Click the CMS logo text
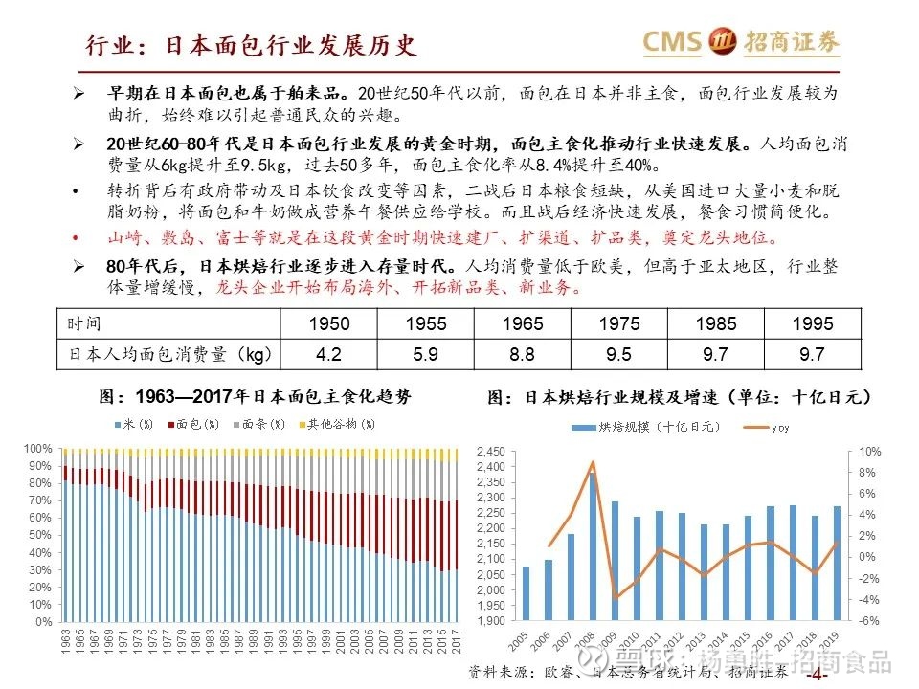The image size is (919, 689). click(672, 41)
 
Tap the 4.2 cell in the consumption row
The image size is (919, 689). click(328, 355)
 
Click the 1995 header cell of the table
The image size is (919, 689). click(812, 324)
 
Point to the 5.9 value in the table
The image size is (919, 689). click(426, 355)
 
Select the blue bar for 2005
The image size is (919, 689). click(526, 593)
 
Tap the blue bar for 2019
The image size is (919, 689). click(838, 564)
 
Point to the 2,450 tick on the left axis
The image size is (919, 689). click(489, 451)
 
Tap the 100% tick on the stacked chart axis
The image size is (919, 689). click(39, 448)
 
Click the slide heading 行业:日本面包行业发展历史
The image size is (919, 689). click(250, 45)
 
